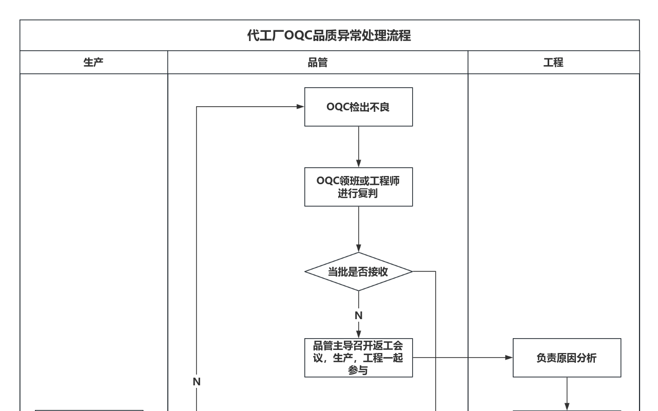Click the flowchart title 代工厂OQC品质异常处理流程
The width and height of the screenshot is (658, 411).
(329, 35)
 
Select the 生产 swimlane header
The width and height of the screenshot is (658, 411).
(93, 63)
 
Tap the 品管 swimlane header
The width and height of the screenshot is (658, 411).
(317, 63)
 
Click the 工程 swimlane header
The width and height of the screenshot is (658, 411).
(553, 63)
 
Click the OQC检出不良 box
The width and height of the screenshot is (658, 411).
(358, 107)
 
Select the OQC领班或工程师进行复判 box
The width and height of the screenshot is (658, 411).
(358, 187)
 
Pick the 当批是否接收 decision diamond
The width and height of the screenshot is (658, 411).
(358, 271)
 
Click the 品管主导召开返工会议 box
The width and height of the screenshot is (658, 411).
(358, 358)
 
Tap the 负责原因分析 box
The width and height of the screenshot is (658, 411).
(567, 358)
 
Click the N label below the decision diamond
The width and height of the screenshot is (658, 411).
(358, 315)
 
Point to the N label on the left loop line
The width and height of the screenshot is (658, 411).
(197, 382)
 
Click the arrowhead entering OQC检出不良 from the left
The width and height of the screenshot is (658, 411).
(300, 107)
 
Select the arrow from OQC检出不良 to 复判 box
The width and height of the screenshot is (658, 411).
(358, 147)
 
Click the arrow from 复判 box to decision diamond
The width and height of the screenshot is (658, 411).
(358, 229)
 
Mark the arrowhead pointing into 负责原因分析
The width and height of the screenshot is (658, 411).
(509, 358)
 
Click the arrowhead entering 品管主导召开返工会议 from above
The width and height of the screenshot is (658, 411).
(358, 334)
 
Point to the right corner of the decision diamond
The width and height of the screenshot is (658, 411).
(412, 271)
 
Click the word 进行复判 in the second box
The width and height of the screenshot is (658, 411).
(358, 193)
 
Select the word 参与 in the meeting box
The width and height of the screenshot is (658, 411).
(358, 370)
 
